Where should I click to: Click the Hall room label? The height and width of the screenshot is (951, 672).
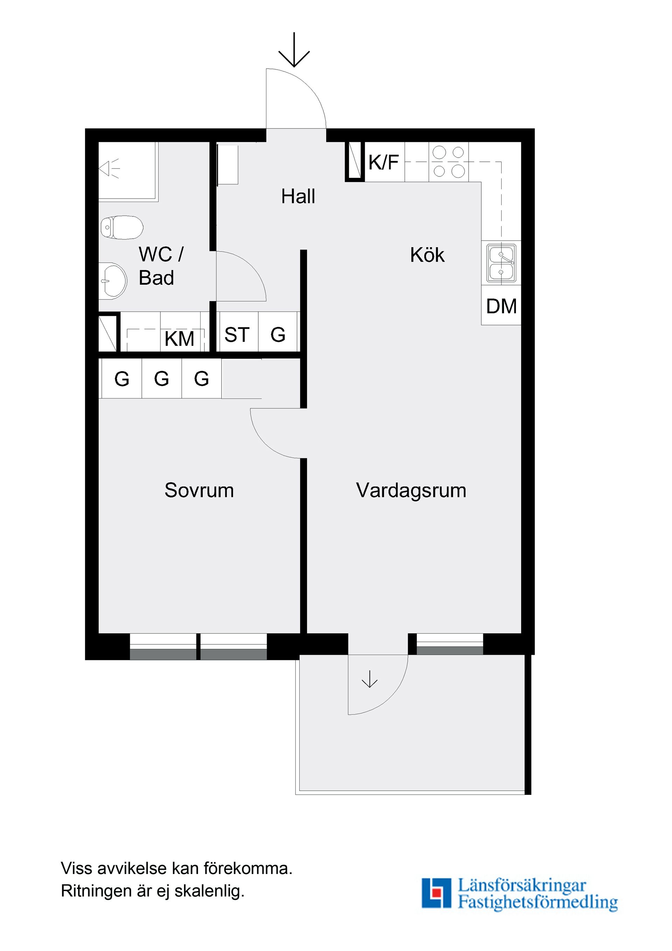298,196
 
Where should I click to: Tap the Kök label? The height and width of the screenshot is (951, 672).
427,255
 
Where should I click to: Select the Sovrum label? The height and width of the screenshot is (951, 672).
199,491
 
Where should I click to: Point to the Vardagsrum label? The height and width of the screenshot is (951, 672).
411,491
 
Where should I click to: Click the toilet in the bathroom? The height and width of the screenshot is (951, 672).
122,227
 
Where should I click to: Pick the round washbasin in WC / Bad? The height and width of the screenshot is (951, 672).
114,281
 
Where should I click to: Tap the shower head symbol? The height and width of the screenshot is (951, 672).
108,168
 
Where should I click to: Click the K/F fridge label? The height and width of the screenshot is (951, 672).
383,162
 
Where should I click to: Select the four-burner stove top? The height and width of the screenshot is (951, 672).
448,162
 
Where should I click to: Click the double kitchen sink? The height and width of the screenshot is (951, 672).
501,263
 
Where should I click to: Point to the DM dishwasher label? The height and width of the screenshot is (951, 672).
501,306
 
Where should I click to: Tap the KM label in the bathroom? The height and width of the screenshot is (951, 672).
179,339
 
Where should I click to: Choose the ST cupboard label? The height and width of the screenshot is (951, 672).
237,335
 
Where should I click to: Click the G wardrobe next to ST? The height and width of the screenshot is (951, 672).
278,335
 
